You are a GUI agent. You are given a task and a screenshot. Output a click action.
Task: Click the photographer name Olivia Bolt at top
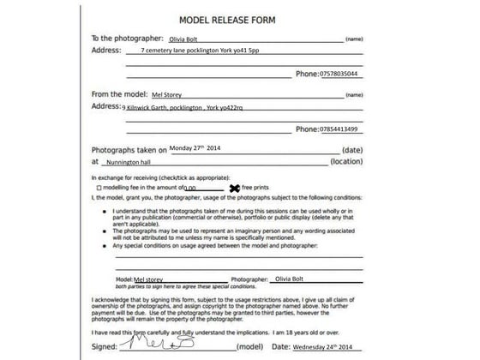[x=189, y=39]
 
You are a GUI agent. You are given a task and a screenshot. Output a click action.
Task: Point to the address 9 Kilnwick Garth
[x=183, y=108]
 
